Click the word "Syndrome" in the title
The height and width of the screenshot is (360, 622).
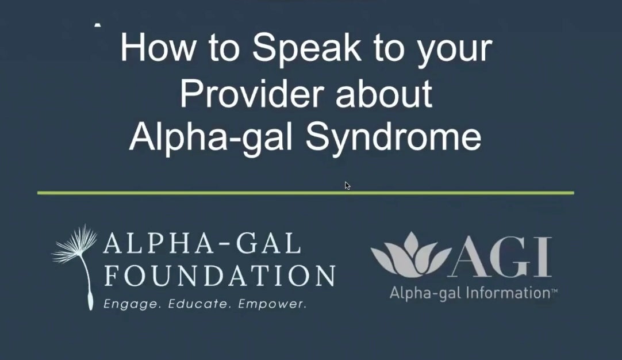click(x=394, y=137)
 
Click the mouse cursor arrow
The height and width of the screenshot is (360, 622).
click(x=347, y=185)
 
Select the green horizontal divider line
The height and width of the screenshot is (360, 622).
click(x=305, y=193)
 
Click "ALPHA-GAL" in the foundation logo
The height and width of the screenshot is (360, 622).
click(x=202, y=243)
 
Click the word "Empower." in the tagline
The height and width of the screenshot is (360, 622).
click(x=272, y=304)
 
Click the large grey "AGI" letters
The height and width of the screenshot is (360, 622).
click(x=501, y=257)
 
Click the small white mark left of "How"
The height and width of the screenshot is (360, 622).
click(x=98, y=25)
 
